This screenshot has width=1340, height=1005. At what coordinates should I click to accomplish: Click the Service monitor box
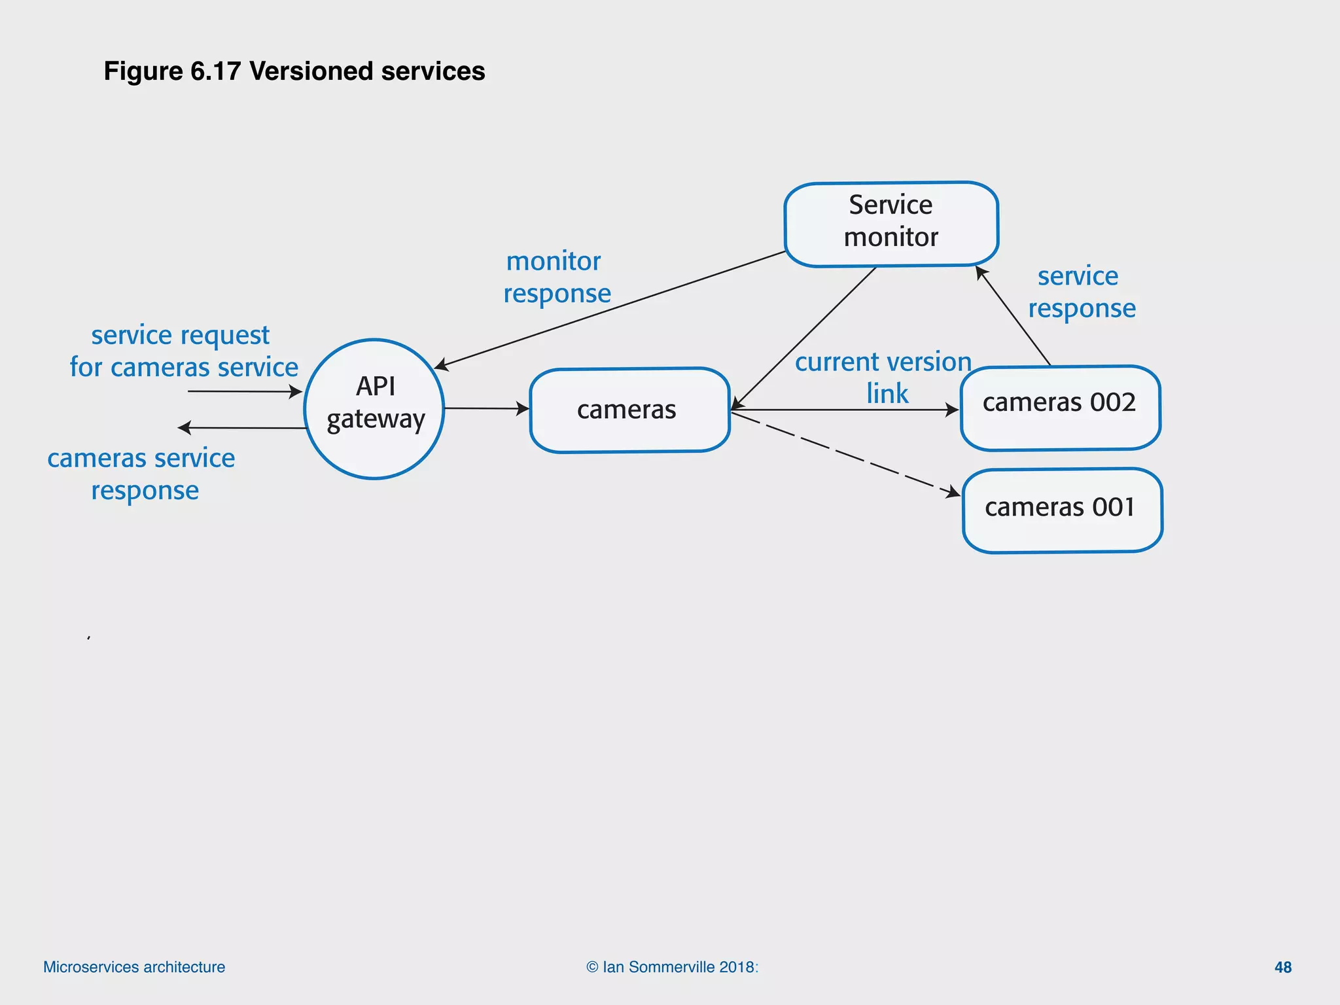pos(890,224)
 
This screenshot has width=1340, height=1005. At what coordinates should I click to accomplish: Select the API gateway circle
pos(374,409)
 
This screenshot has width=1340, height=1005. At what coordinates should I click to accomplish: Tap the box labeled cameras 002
pos(1059,408)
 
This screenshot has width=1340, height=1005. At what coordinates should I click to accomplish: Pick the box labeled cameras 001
pos(1061,510)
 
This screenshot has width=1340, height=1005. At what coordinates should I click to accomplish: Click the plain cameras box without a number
pos(629,410)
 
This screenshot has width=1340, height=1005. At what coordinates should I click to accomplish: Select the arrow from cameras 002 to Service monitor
pos(1014,317)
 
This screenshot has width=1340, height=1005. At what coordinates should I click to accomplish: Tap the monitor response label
pos(557,277)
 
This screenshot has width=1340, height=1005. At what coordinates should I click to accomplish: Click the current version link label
pos(884,377)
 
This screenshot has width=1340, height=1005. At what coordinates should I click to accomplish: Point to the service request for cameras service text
pos(183,351)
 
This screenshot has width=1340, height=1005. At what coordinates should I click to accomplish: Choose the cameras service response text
pos(141,474)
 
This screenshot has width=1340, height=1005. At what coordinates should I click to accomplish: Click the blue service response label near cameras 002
pos(1081,292)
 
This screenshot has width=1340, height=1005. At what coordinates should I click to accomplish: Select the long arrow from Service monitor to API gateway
pos(608,309)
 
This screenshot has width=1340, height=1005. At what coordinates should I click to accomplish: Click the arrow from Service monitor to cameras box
pos(805,337)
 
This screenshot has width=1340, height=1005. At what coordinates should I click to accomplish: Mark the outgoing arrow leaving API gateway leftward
pos(242,428)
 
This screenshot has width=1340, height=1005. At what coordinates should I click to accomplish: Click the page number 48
pos(1282,967)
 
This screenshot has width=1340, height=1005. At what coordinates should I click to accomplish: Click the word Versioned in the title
pos(311,71)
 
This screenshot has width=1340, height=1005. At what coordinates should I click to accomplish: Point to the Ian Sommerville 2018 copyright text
pos(672,967)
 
